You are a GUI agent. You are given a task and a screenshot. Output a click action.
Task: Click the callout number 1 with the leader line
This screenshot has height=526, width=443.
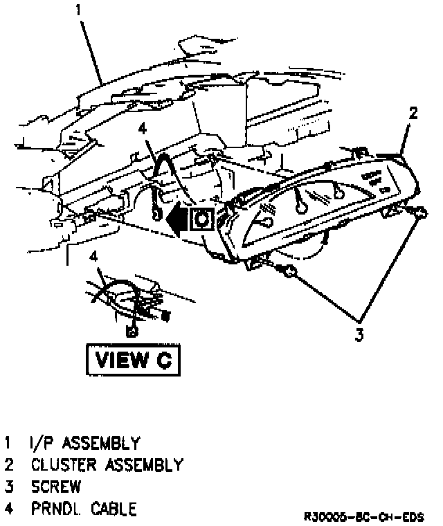pos(78,12)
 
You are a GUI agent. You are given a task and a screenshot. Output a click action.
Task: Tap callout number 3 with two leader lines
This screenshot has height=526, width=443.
pos(359,336)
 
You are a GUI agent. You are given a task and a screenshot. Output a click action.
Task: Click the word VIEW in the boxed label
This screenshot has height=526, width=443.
pos(120,360)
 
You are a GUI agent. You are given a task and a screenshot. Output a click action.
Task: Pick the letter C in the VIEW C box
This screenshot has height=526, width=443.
pos(160,360)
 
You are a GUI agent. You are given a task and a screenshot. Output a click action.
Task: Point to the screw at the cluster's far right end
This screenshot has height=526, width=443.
pos(417,212)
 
